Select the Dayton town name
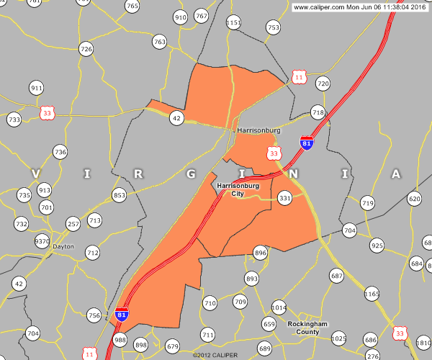click(63, 246)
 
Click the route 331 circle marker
click(284, 198)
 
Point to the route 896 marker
click(261, 253)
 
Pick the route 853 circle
click(120, 196)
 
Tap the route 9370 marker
click(42, 241)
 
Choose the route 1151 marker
click(233, 23)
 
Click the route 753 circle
click(273, 27)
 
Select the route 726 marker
click(86, 49)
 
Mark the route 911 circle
click(37, 88)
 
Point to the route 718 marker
click(318, 112)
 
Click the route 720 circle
click(323, 84)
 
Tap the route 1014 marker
click(279, 307)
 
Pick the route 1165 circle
click(372, 294)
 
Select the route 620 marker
click(414, 199)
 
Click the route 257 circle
click(73, 225)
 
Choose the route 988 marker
click(120, 341)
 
